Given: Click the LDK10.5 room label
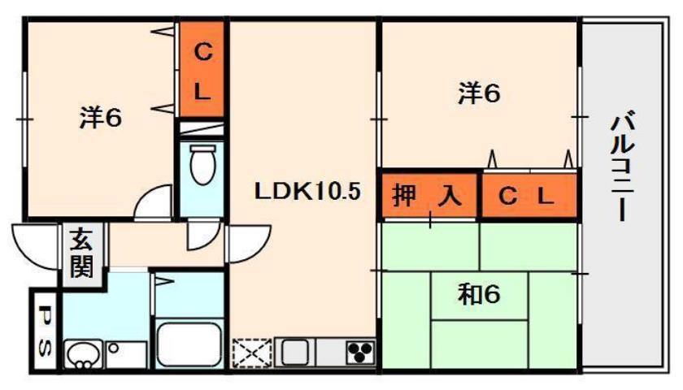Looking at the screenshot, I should [307, 192].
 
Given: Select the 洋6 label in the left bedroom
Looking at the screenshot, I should [101, 118].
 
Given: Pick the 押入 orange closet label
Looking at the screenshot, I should [428, 196].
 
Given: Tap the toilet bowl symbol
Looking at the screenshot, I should [201, 165].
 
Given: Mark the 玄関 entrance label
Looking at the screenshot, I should [80, 253].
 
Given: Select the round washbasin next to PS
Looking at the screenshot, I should [81, 354].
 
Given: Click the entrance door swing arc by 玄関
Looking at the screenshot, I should [37, 243].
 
